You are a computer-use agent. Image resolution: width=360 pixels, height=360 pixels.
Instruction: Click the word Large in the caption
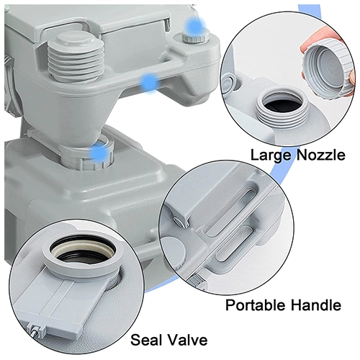coord(271,156)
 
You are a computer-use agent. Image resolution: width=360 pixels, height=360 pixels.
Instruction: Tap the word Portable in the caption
coord(256,305)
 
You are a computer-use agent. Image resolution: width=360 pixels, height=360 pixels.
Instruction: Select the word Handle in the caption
coord(316,305)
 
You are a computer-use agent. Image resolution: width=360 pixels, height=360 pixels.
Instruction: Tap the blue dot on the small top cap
coord(196,26)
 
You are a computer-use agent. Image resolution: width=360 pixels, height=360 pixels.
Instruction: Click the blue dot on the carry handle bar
coord(150,82)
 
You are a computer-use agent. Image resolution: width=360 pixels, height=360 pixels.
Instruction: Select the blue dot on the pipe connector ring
coord(99,153)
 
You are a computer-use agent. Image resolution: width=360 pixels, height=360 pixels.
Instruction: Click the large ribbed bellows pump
coord(76,57)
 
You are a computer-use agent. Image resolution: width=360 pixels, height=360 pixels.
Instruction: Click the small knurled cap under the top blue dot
coord(195,37)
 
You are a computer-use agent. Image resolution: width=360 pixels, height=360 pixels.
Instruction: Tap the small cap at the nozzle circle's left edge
coord(228,85)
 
